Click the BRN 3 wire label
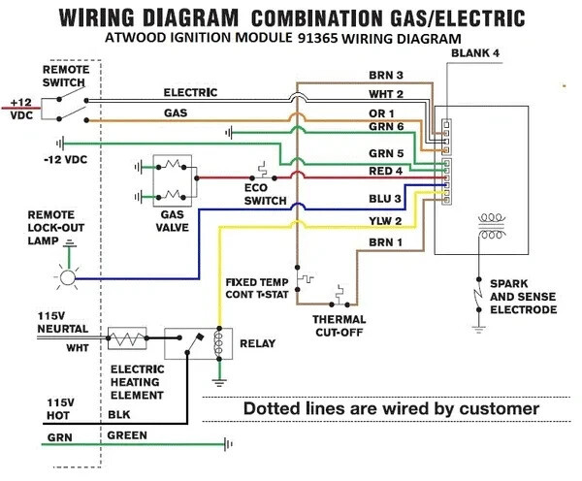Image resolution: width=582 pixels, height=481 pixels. click(x=385, y=76)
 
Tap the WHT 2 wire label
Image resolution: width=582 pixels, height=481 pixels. click(x=385, y=95)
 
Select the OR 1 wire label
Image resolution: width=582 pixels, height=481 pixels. click(x=382, y=114)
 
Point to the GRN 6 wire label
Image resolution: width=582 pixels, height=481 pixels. click(x=385, y=127)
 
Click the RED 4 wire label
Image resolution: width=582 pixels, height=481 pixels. click(x=385, y=172)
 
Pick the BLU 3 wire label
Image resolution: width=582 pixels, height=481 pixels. click(x=385, y=199)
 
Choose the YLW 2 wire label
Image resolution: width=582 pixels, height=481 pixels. click(x=385, y=221)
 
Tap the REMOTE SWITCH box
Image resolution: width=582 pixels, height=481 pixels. click(x=64, y=107)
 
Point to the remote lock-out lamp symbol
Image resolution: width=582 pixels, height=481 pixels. click(x=67, y=278)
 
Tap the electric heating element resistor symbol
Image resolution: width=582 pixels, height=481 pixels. click(x=127, y=341)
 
